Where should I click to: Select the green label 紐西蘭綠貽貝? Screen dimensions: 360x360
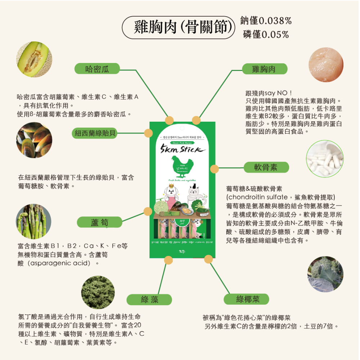pyautogui.click(x=95, y=133)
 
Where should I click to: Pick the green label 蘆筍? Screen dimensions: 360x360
pyautogui.click(x=99, y=222)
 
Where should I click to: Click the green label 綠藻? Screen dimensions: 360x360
pyautogui.click(x=150, y=299)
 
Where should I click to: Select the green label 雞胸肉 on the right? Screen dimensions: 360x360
pyautogui.click(x=265, y=69)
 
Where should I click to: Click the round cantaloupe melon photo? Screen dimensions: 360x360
pyautogui.click(x=34, y=59)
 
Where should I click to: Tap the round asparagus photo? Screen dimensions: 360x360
pyautogui.click(x=34, y=221)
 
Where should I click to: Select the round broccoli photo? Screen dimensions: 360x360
pyautogui.click(x=325, y=274)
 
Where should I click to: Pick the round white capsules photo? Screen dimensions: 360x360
pyautogui.click(x=324, y=159)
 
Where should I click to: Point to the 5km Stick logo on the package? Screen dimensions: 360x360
pyautogui.click(x=183, y=149)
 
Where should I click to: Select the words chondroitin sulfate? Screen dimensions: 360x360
pyautogui.click(x=258, y=197)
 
